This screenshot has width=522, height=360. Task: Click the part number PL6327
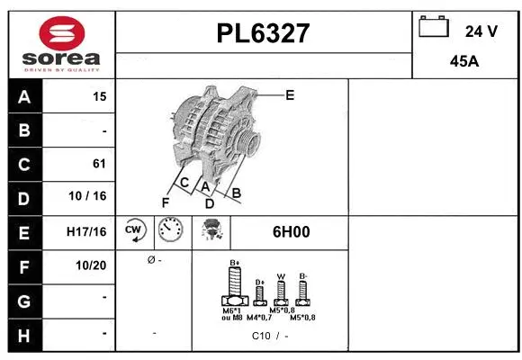pos(264,33)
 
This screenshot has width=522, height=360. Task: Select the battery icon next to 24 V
pos(434,28)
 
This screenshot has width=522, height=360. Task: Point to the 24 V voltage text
pos(481,31)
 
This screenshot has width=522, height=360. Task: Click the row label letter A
pos(24,97)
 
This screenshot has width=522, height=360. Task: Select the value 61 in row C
pos(99,164)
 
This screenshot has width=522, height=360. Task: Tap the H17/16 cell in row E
pos(86,231)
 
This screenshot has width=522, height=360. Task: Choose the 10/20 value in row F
pos(92,265)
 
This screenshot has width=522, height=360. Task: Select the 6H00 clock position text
pos(291,231)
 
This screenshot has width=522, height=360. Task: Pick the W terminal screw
pos(281,292)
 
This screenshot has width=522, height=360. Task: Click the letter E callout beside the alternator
pos(289,94)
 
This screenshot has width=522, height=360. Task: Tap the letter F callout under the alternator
pos(166,202)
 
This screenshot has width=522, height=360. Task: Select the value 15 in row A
pos(99,97)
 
